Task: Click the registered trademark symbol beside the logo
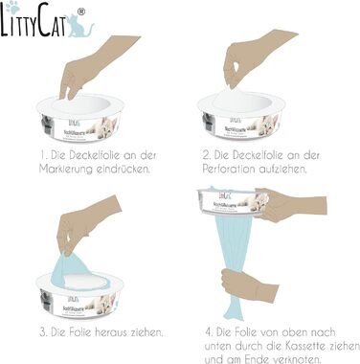(80, 10)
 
